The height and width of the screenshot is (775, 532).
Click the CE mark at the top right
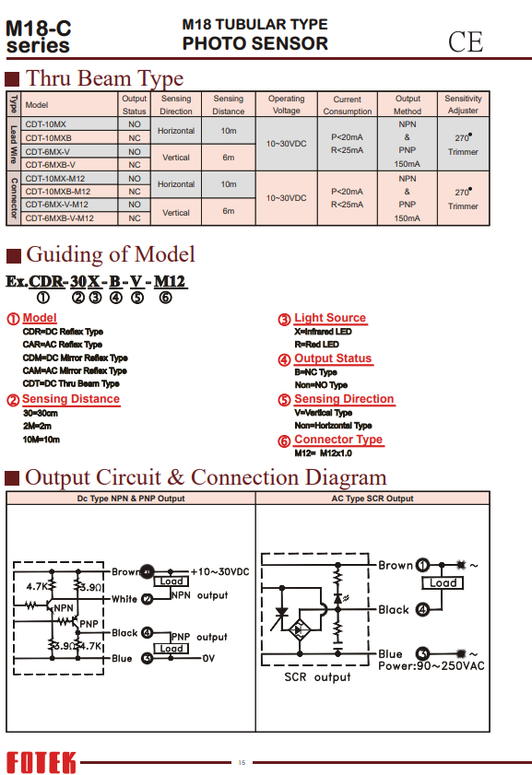point(466,42)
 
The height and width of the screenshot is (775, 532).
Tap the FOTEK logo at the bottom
point(41,762)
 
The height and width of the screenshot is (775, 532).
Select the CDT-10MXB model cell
point(49,138)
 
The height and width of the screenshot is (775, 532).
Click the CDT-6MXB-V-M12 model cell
point(59,218)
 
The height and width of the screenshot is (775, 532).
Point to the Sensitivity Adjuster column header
point(463,104)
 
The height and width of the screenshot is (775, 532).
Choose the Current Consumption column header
point(347,105)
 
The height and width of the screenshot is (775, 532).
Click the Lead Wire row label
point(13,145)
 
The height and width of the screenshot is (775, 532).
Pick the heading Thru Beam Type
point(104,78)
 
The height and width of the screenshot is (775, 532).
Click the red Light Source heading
point(330,318)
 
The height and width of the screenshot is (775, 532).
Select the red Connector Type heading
point(338,440)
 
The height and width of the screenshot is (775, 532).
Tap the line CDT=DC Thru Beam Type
point(71,383)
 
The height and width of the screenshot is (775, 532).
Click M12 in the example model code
point(169,281)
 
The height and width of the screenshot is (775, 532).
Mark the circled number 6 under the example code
point(165,298)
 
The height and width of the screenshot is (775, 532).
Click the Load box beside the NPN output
point(171,581)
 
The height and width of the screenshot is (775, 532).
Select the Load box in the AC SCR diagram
point(443,583)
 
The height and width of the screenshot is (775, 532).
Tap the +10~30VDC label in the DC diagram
point(220,572)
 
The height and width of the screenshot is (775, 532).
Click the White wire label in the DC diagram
point(124,599)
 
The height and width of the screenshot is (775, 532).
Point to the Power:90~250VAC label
point(432,665)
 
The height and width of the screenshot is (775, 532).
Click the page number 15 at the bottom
point(242,763)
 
